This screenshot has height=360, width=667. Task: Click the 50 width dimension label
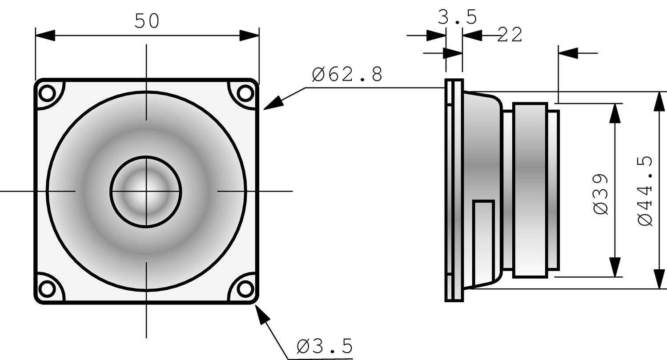click(147, 21)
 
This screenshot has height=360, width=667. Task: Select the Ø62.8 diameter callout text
click(347, 75)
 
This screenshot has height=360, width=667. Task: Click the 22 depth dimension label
click(510, 35)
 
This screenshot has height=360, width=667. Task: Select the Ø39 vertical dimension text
click(601, 194)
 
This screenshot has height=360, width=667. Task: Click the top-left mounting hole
click(46, 93)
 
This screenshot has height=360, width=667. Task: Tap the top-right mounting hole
click(245, 93)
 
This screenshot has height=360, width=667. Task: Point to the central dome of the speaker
click(146, 192)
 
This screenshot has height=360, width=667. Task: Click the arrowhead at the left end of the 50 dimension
click(44, 36)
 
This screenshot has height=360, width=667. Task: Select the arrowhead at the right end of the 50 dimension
click(249, 36)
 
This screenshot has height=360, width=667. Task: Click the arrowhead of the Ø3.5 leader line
click(263, 315)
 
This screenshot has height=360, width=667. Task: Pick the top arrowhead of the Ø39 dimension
click(615, 113)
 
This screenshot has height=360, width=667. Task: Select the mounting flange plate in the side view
click(454, 191)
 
